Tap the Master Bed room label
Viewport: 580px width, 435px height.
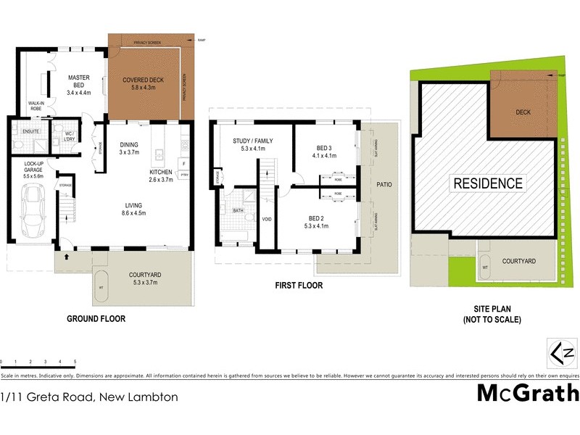pyautogui.click(x=78, y=84)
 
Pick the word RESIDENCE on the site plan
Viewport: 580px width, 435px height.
pyautogui.click(x=488, y=183)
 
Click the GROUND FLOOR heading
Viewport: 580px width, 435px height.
pyautogui.click(x=96, y=318)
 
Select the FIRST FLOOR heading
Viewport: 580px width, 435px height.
pyautogui.click(x=298, y=285)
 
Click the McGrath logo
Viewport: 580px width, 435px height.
pyautogui.click(x=528, y=392)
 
